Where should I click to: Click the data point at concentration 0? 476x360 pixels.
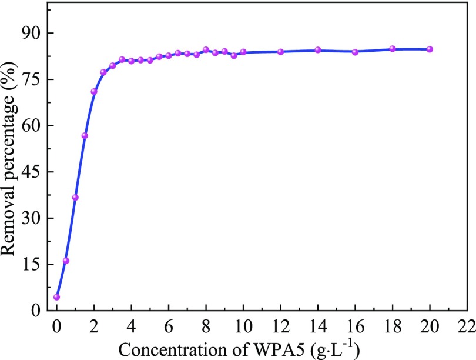click(56, 297)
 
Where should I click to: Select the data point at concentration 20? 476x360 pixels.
click(430, 49)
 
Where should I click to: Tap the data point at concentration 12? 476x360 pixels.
click(280, 52)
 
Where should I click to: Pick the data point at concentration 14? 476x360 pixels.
click(318, 50)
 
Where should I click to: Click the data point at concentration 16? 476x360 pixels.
click(355, 52)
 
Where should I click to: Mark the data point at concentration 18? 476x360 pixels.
click(393, 49)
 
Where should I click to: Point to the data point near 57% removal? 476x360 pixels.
click(85, 136)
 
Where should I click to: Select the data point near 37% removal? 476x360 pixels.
click(75, 198)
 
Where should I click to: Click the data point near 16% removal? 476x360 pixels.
click(66, 261)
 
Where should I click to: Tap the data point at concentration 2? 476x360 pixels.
click(94, 91)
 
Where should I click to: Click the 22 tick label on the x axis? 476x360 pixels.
click(467, 325)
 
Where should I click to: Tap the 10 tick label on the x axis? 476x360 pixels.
click(243, 325)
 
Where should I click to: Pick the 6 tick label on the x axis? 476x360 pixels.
click(169, 325)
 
